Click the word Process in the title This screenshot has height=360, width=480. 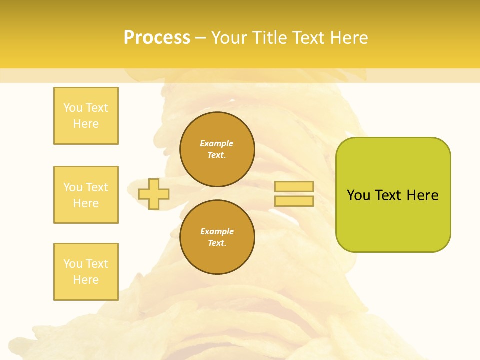click(x=157, y=38)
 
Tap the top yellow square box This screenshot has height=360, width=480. click(x=86, y=116)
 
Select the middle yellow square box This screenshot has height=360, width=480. click(x=86, y=195)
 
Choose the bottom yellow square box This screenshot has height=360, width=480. click(x=86, y=272)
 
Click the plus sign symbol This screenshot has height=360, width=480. click(x=154, y=194)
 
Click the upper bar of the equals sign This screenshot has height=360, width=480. click(x=294, y=187)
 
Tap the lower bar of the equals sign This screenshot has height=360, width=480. click(x=294, y=201)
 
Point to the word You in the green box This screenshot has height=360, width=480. click(x=358, y=195)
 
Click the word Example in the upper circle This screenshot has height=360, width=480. click(x=217, y=143)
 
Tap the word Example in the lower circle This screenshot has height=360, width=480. click(x=217, y=231)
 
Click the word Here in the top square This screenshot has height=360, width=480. click(x=86, y=124)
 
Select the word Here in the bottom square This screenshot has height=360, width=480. click(x=86, y=280)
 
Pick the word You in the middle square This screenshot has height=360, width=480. click(x=73, y=187)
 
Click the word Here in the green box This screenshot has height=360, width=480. click(x=422, y=195)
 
